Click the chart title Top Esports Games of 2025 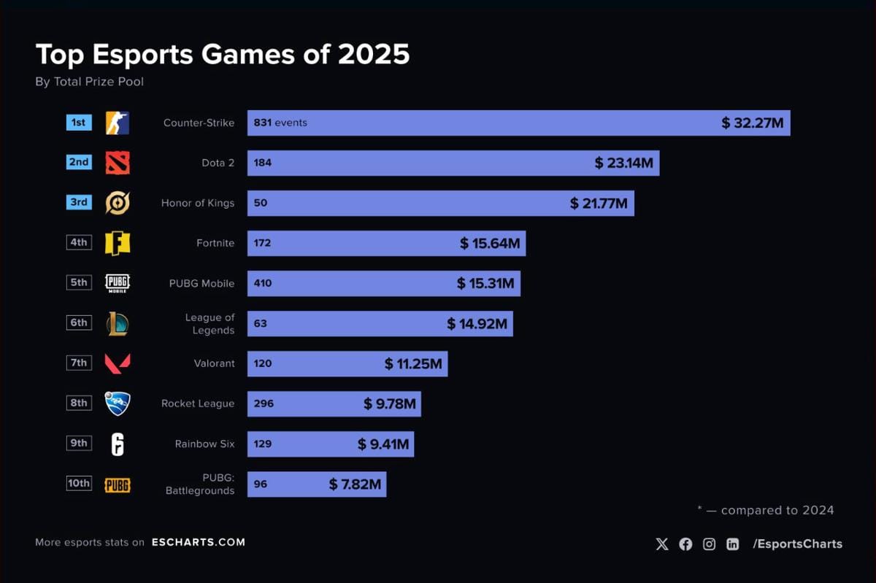click(223, 55)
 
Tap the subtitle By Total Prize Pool click(89, 82)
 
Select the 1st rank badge click(79, 123)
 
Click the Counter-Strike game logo click(118, 123)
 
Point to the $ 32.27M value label click(752, 123)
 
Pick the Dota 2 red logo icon click(118, 163)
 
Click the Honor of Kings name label click(198, 203)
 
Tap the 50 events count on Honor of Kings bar click(261, 203)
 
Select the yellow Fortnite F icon click(118, 243)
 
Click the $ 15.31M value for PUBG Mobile click(485, 283)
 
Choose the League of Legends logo click(118, 323)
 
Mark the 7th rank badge click(79, 363)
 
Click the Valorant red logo click(118, 363)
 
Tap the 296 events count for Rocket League click(264, 403)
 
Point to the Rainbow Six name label click(204, 444)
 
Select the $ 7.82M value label click(355, 484)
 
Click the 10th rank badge click(79, 483)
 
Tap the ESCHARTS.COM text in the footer click(199, 542)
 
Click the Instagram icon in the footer click(709, 544)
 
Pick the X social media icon click(662, 544)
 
